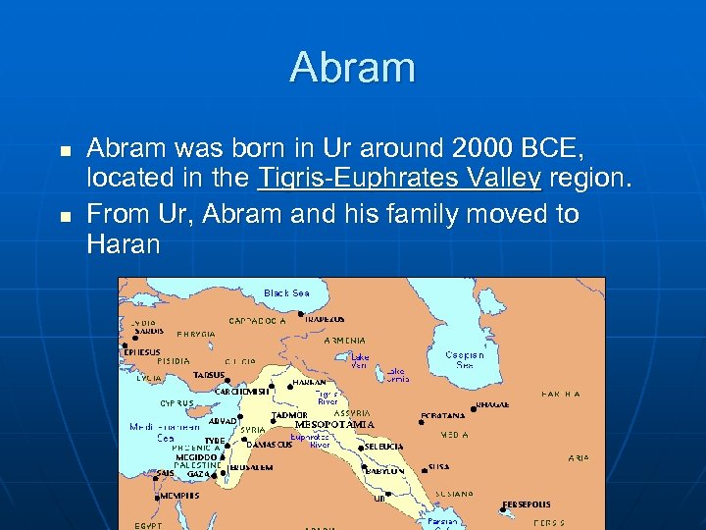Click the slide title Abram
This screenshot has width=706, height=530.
pos(352,69)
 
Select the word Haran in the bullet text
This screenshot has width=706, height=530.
pos(123,244)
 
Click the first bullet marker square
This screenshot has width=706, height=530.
pos(65,152)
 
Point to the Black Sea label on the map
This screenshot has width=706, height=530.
pos(286,292)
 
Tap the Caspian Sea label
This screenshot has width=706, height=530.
pos(464,359)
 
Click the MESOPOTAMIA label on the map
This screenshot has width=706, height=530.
pos(341,425)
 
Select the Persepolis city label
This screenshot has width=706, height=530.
pos(527,504)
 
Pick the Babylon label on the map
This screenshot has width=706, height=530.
pos(384,471)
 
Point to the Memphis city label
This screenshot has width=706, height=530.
pos(179,496)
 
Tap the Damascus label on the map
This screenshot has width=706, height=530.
pos(269,445)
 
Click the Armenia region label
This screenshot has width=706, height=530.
pos(344,341)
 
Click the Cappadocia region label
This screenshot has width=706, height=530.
pos(257,320)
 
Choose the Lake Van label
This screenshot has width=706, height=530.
pos(361,361)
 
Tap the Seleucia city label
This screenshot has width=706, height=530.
pos(383,447)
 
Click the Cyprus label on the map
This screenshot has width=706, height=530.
pos(177,403)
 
